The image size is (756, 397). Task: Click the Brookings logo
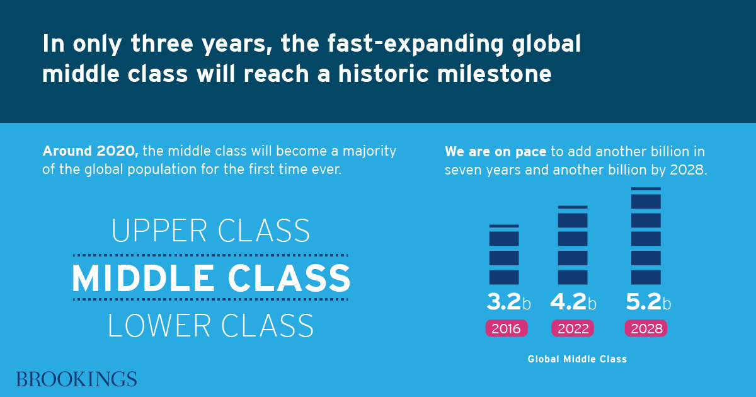77,379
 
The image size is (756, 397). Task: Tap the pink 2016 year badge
507,328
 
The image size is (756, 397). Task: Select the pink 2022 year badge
573,328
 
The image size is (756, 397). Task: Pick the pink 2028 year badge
646,328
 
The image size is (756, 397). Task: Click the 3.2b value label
508,301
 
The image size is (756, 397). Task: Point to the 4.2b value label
573,301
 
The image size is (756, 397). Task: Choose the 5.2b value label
648,301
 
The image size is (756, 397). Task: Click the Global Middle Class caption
577,359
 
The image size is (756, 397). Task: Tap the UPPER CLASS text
210,231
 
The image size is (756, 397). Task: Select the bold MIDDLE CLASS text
211,278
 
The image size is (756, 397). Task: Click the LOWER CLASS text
210,325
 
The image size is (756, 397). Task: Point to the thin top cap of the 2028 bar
646,188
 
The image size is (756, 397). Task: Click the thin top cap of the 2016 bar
504,226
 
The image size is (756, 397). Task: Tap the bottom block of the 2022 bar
573,277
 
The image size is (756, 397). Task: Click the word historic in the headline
384,74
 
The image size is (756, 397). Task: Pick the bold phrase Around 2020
91,151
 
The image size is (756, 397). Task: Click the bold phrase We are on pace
495,152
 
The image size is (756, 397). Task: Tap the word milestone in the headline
495,74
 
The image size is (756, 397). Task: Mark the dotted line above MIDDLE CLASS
210,256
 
